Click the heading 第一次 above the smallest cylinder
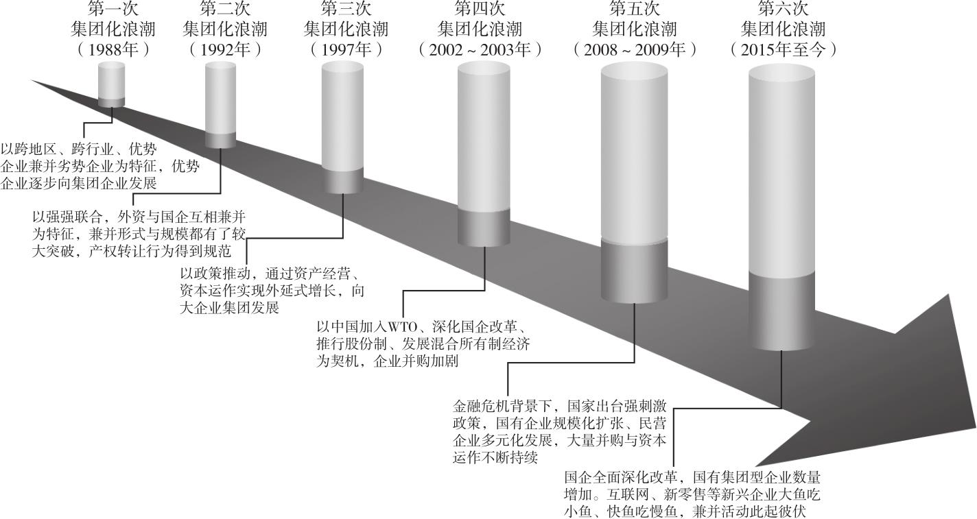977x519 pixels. click(113, 10)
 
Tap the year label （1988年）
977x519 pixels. click(113, 49)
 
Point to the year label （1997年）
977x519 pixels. click(345, 49)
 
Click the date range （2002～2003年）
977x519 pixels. click(480, 49)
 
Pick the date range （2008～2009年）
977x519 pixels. click(634, 49)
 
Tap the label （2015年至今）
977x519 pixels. click(783, 49)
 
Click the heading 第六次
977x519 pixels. click(783, 10)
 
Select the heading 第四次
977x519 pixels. click(480, 10)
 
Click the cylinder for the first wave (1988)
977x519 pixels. click(111, 82)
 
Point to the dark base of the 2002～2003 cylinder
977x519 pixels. click(484, 228)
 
